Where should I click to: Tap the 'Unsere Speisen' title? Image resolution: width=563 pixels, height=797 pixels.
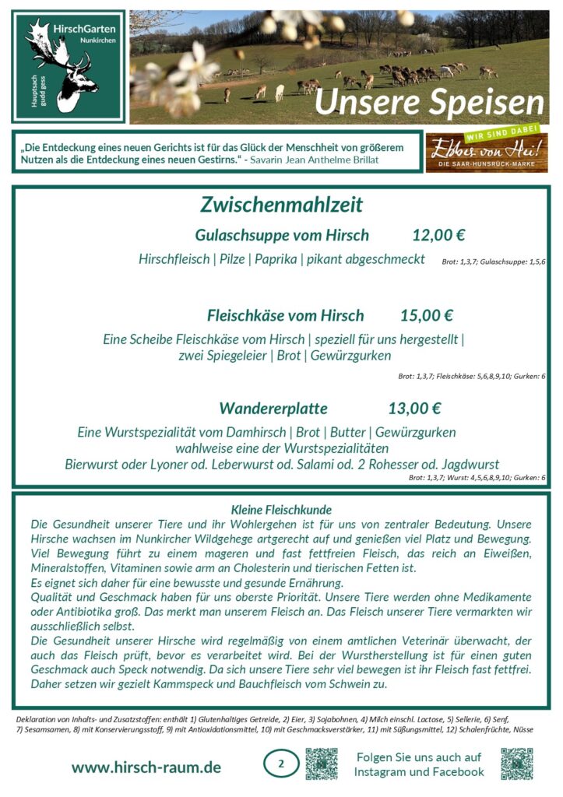pos(429,102)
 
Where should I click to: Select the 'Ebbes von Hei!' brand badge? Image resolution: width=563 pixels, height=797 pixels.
pos(486,151)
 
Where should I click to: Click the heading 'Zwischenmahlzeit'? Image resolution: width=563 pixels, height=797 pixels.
pos(281,205)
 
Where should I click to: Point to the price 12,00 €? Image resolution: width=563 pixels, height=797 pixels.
pos(438,235)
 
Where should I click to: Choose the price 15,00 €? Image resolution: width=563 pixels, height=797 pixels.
pos(426,315)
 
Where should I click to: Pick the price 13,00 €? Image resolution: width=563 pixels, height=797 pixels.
pos(414,409)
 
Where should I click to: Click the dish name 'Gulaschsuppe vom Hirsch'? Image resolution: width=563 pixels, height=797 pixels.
pos(282,235)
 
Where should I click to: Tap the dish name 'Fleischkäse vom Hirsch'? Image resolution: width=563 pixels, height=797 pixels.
pos(285,315)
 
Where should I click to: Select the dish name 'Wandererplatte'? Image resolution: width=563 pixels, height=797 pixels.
pos(273,409)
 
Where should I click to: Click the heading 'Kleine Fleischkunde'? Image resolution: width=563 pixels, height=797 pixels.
pos(282,510)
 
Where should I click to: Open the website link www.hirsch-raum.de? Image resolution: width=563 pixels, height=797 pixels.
pos(146,767)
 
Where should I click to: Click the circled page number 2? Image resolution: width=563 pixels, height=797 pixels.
pos(281,764)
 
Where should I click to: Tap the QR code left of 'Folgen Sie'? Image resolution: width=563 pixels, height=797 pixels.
pos(322,764)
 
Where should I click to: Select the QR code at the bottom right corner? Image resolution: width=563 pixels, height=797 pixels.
pos(516,764)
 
